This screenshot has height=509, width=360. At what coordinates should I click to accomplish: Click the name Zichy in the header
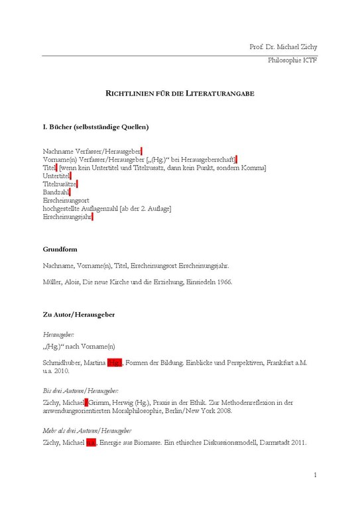tap(309, 46)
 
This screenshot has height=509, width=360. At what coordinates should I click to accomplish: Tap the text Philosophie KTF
tap(293, 60)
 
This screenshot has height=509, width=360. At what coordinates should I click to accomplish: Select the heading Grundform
tap(60, 250)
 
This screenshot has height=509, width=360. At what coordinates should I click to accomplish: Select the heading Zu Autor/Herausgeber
tap(79, 314)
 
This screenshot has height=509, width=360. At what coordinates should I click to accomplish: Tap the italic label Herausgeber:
tap(59, 335)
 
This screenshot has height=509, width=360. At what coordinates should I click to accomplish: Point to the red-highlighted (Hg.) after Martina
tap(115, 363)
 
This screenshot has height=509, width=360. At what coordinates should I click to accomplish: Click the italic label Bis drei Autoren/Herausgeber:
tap(81, 391)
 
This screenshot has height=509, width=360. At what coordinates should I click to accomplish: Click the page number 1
tap(316, 475)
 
